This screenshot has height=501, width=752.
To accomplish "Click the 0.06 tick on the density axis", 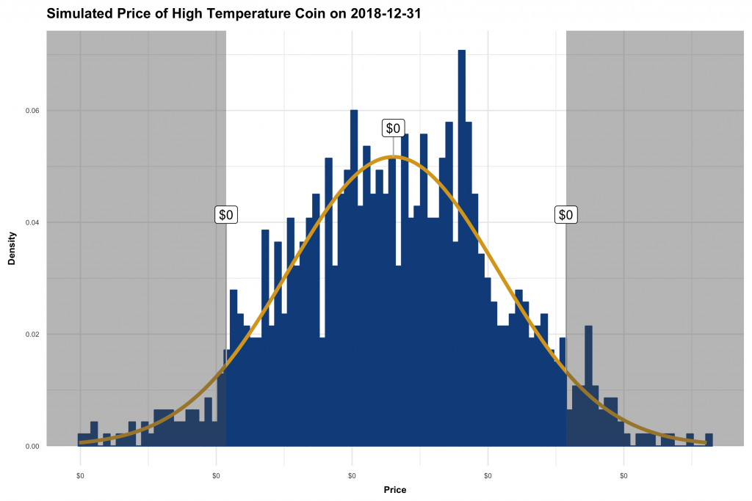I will click(x=32, y=111).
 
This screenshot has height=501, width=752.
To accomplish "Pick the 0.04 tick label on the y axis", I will click(x=32, y=222).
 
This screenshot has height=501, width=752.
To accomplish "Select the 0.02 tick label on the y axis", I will click(x=32, y=334).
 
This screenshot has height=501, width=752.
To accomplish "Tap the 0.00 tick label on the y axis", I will click(x=32, y=446).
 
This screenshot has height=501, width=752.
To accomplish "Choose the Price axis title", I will click(x=394, y=489).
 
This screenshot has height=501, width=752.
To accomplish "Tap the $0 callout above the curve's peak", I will click(x=394, y=128).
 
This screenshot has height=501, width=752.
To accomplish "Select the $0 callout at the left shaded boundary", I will click(x=226, y=215).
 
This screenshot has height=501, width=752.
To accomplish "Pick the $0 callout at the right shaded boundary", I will click(x=565, y=215).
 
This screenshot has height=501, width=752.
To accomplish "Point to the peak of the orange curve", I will click(x=394, y=157).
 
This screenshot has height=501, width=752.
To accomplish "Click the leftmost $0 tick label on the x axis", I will click(x=80, y=475).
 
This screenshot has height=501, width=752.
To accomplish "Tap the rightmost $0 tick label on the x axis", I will click(x=623, y=475).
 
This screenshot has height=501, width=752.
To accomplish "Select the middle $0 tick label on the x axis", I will click(x=352, y=475).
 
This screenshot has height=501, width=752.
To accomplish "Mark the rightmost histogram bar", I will click(x=709, y=439).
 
